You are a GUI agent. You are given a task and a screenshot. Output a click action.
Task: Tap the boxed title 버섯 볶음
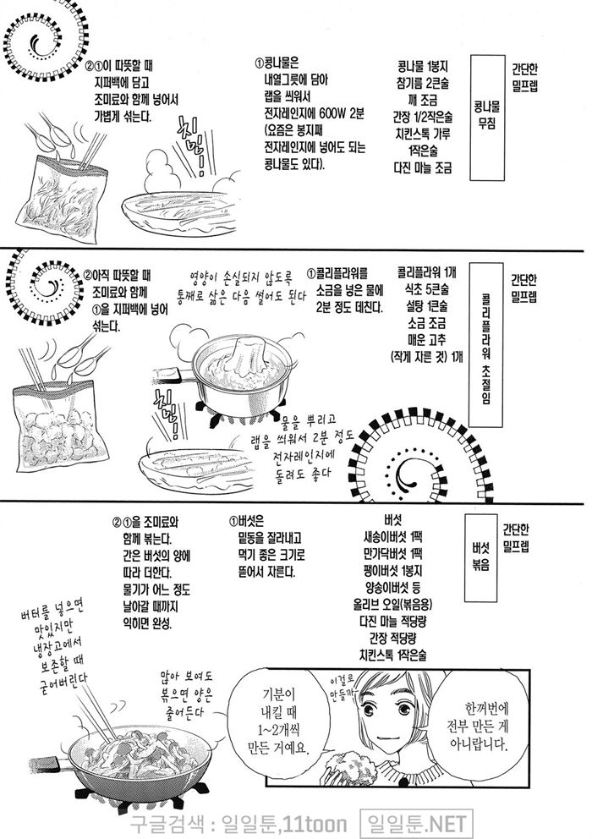pyautogui.click(x=480, y=557)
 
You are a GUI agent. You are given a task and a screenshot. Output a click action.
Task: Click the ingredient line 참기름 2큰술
pyautogui.click(x=423, y=83)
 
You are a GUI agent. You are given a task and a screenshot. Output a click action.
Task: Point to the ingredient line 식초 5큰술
pyautogui.click(x=426, y=289)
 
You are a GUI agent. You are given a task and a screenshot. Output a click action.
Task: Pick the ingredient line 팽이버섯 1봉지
pyautogui.click(x=393, y=570)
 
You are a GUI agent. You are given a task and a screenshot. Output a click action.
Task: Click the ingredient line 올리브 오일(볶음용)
pyautogui.click(x=392, y=604)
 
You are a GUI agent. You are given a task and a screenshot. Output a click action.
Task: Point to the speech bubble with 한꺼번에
pyautogui.click(x=478, y=724)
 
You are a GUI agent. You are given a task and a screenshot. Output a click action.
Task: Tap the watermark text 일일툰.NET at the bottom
pyautogui.click(x=415, y=824)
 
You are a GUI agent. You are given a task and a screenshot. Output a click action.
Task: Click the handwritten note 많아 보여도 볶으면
pyautogui.click(x=187, y=687)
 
